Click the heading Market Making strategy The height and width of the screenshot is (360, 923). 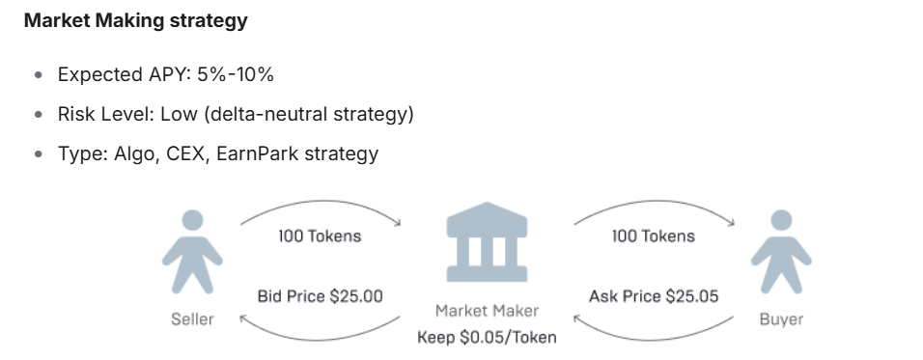pyautogui.click(x=136, y=21)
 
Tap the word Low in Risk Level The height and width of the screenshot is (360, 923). pyautogui.click(x=179, y=114)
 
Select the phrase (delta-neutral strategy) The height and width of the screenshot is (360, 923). pyautogui.click(x=309, y=114)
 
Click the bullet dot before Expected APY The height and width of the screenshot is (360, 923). pyautogui.click(x=39, y=74)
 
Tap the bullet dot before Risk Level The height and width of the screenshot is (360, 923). pyautogui.click(x=39, y=114)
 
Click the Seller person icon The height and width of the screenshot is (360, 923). pyautogui.click(x=192, y=252)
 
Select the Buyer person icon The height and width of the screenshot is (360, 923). pyautogui.click(x=781, y=252)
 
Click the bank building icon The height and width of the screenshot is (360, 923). pyautogui.click(x=487, y=241)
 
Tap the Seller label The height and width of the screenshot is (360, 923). pyautogui.click(x=192, y=318)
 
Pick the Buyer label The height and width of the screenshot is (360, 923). pyautogui.click(x=781, y=318)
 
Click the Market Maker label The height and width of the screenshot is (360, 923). pyautogui.click(x=487, y=311)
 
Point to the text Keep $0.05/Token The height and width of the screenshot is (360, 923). pyautogui.click(x=487, y=337)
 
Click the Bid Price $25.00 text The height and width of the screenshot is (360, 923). pyautogui.click(x=321, y=296)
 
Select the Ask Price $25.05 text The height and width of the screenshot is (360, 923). pyautogui.click(x=654, y=296)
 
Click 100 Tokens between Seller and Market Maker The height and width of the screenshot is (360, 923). pyautogui.click(x=320, y=235)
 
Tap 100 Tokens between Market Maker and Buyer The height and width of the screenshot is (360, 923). pyautogui.click(x=654, y=235)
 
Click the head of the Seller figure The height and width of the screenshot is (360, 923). pyautogui.click(x=192, y=221)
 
